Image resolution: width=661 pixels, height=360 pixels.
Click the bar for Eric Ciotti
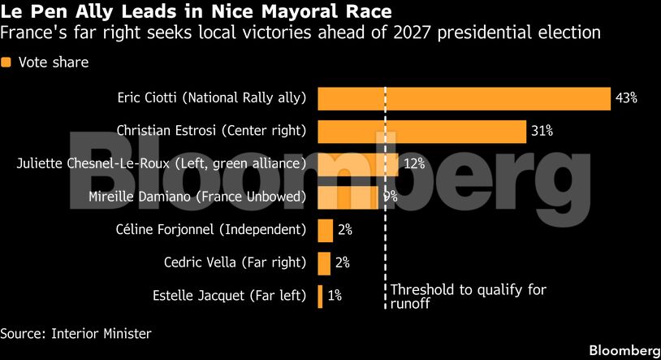point(463,98)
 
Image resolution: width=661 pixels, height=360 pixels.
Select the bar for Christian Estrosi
point(421,130)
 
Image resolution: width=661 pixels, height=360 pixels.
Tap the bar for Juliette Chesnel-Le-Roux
point(357,163)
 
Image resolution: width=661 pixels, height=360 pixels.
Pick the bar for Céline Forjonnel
point(325,230)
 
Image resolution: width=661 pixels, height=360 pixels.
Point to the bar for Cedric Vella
point(324,262)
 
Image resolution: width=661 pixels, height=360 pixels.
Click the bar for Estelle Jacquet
point(321,296)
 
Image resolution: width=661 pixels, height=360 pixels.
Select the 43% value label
point(626,98)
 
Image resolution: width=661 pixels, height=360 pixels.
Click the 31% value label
point(542,130)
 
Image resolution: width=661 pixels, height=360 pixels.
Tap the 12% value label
point(415,163)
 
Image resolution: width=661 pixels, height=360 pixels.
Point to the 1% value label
point(335,296)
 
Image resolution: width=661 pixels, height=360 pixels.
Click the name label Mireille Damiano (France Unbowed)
point(197,197)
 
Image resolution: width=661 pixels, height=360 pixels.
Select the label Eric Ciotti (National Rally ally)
point(211,98)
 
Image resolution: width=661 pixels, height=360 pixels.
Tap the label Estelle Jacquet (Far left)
point(229,296)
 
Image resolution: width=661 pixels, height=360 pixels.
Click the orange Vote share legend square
point(6,63)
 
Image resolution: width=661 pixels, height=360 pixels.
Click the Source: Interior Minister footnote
point(76,333)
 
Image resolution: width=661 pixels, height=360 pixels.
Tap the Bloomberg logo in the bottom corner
point(624,350)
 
